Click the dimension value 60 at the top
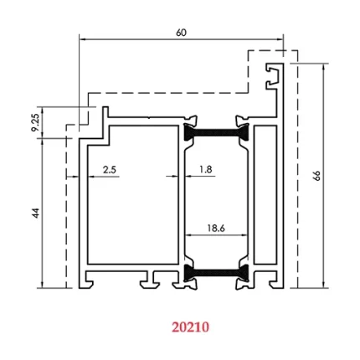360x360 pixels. (x=182, y=32)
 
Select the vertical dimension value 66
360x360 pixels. (x=316, y=175)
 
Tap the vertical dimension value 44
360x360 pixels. (x=36, y=213)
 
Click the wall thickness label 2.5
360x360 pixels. (x=109, y=169)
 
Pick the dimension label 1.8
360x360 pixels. (x=205, y=169)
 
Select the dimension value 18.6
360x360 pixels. (x=215, y=228)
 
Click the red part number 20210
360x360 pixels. (x=190, y=327)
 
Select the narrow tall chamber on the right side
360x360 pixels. (x=265, y=197)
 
